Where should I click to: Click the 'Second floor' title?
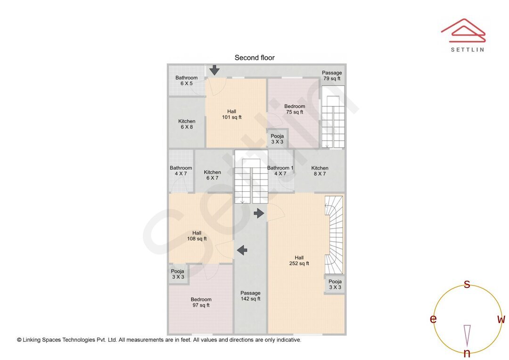pyautogui.click(x=254, y=58)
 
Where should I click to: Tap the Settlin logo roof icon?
pyautogui.click(x=463, y=31)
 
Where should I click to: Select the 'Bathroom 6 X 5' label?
pyautogui.click(x=186, y=81)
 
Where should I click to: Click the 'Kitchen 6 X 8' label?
pyautogui.click(x=187, y=124)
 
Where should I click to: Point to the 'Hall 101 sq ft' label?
pyautogui.click(x=232, y=114)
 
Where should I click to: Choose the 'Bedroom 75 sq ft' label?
pyautogui.click(x=295, y=109)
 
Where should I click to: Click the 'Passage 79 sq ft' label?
pyautogui.click(x=332, y=76)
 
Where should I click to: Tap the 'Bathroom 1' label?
pyautogui.click(x=280, y=168)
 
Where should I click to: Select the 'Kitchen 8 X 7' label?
pyautogui.click(x=320, y=171)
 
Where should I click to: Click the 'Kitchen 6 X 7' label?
pyautogui.click(x=212, y=175)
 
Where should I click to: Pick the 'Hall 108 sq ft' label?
pyautogui.click(x=197, y=236)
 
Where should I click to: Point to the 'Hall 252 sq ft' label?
pyautogui.click(x=299, y=261)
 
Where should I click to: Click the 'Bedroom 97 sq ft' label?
pyautogui.click(x=201, y=302)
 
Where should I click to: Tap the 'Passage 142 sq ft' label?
pyautogui.click(x=251, y=296)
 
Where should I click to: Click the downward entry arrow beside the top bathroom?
pyautogui.click(x=214, y=70)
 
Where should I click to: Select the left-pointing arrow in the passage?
pyautogui.click(x=242, y=250)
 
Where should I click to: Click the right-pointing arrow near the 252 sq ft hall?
pyautogui.click(x=259, y=213)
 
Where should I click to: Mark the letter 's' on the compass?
pyautogui.click(x=467, y=284)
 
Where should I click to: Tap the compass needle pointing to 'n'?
pyautogui.click(x=467, y=336)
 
